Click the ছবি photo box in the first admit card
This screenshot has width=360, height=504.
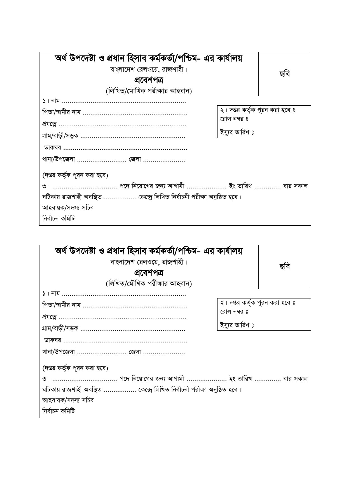click(x=285, y=74)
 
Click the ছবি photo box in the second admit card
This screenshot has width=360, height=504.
click(x=285, y=267)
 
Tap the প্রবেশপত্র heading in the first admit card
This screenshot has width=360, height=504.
click(x=149, y=80)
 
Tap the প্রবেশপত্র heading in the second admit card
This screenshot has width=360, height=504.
click(x=149, y=273)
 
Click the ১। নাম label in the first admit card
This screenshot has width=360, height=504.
click(x=51, y=101)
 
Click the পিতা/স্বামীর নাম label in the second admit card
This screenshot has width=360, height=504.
click(x=61, y=305)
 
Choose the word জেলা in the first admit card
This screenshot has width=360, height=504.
click(x=135, y=160)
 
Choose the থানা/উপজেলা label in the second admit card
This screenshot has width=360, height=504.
click(x=59, y=352)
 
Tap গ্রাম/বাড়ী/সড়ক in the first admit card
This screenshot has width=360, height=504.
click(x=60, y=136)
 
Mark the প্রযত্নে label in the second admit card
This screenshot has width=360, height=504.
click(x=50, y=317)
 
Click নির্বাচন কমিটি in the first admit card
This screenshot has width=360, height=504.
click(x=59, y=219)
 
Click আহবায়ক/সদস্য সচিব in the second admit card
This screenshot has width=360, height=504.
click(x=68, y=400)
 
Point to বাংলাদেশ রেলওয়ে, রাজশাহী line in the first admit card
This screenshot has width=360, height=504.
click(x=149, y=69)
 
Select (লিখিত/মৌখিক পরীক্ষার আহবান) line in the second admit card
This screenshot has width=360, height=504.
click(x=149, y=284)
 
